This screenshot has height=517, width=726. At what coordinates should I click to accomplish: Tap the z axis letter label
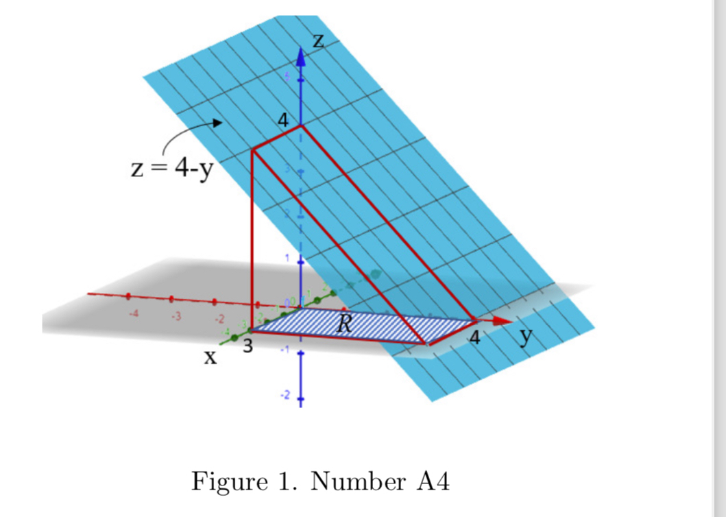coord(318,41)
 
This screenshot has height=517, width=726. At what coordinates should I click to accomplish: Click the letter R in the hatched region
coord(344,324)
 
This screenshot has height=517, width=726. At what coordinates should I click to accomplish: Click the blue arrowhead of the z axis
coord(300,56)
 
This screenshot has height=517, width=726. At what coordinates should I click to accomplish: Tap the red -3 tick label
coord(176,317)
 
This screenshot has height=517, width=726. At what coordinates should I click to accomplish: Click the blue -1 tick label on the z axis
coord(288,350)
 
